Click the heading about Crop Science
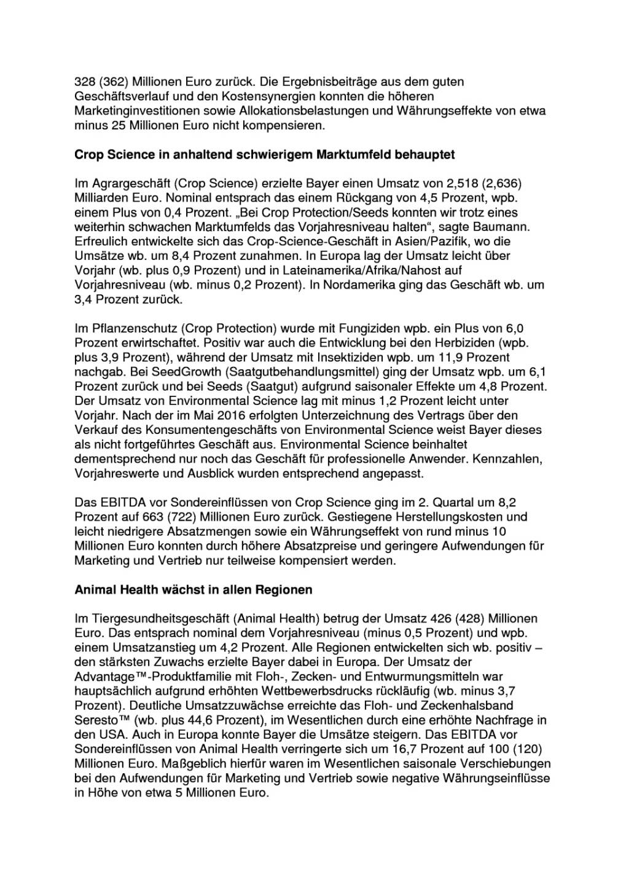pos(264,154)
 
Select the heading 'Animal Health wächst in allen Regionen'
pos(193,590)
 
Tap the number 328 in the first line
pos(83,81)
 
